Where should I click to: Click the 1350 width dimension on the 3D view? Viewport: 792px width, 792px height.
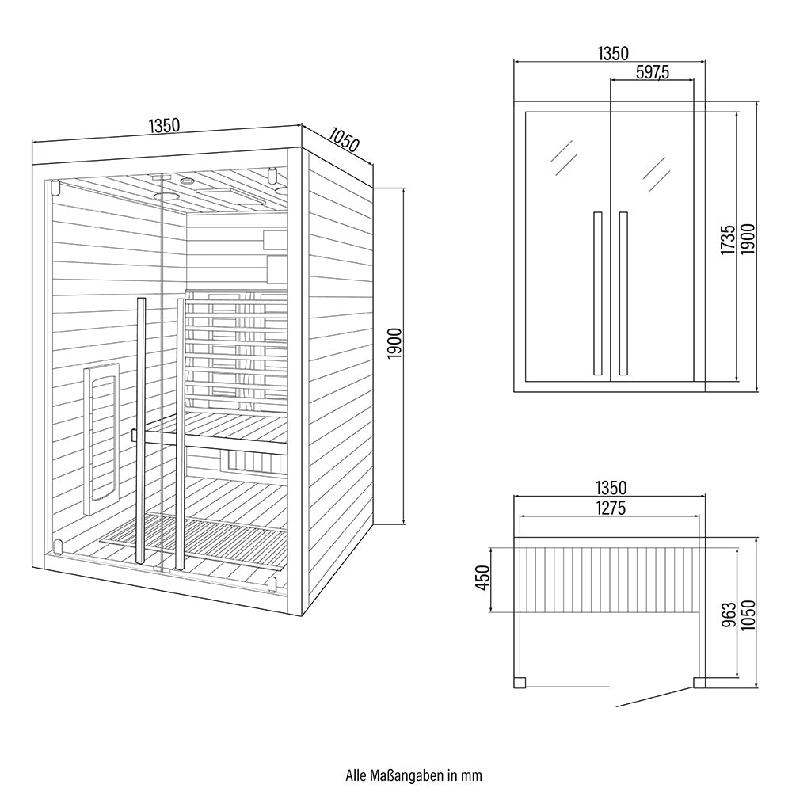[166, 125]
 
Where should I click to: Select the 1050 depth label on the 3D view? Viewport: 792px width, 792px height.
[342, 139]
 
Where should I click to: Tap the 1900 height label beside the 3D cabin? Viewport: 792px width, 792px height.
[395, 342]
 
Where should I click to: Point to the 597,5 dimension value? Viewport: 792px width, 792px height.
[653, 72]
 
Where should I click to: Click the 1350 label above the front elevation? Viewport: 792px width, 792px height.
[611, 54]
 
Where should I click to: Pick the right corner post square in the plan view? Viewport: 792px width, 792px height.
[699, 681]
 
